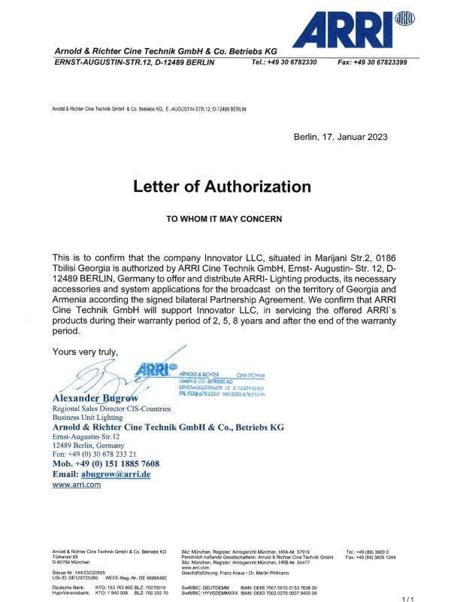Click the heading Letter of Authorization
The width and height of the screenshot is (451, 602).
click(x=221, y=185)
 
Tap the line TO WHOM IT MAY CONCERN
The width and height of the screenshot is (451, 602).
click(x=223, y=219)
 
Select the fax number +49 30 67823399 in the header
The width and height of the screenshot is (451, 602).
click(x=373, y=62)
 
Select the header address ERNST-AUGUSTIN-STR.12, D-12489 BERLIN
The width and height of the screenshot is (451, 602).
click(x=134, y=62)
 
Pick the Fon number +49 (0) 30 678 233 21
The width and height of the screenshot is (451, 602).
click(x=104, y=454)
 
